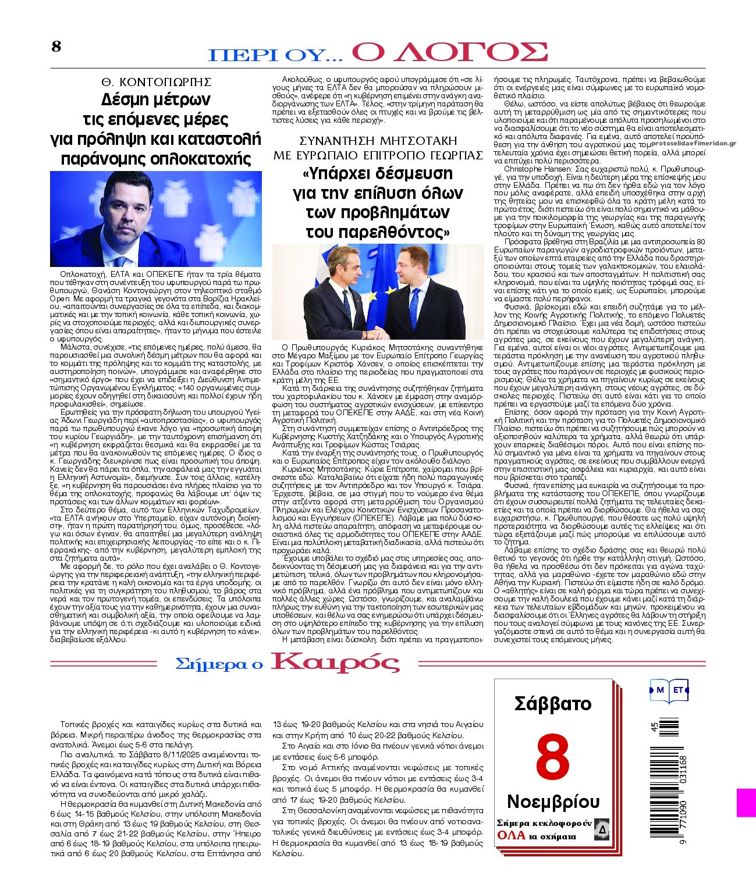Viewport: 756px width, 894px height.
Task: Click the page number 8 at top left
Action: pos(56,47)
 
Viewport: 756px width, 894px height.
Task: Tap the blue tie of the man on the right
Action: pos(415,306)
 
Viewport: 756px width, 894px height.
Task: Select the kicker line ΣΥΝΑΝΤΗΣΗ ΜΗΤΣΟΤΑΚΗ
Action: pos(378,141)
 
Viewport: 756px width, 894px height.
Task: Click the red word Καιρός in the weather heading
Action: pos(336,663)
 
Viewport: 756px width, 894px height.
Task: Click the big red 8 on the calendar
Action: pos(552,756)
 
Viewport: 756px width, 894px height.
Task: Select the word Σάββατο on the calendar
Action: pos(553,704)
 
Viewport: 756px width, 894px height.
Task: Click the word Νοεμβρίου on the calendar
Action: pos(553,802)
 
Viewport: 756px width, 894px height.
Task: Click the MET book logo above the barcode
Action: pos(669,690)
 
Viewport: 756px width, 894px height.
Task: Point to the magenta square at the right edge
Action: pos(746,802)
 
